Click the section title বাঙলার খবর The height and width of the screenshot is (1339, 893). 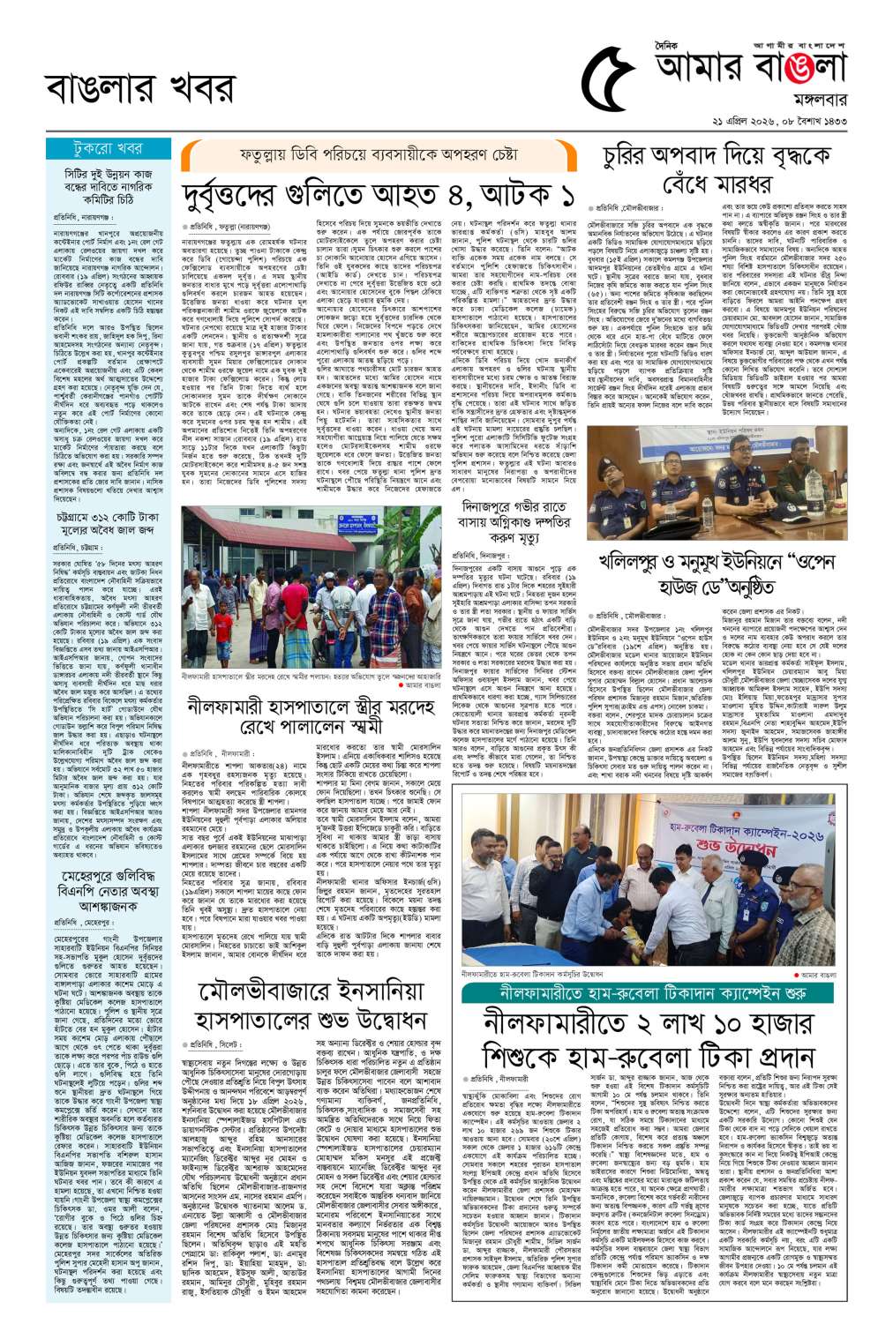140,88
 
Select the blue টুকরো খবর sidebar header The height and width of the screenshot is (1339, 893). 108,148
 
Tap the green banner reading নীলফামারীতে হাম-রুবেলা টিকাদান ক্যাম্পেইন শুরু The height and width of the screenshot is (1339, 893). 648,991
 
